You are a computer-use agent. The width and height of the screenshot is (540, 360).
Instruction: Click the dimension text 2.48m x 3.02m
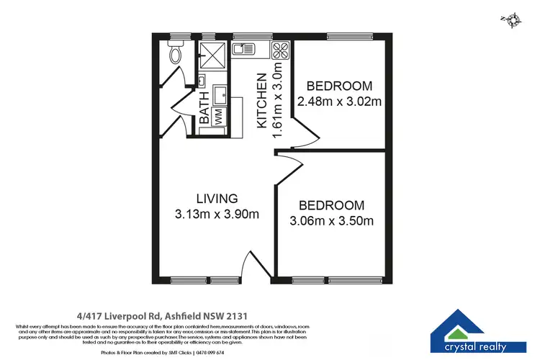click(x=343, y=102)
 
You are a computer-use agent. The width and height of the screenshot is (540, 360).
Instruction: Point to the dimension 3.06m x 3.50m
click(x=331, y=221)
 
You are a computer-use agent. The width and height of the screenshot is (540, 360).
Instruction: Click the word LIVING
click(x=217, y=198)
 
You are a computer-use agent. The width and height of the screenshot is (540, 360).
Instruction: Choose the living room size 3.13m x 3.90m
click(x=217, y=214)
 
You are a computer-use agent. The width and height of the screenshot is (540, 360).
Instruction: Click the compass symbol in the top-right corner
click(x=513, y=20)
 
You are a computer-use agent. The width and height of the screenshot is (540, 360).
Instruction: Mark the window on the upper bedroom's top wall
click(x=346, y=36)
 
